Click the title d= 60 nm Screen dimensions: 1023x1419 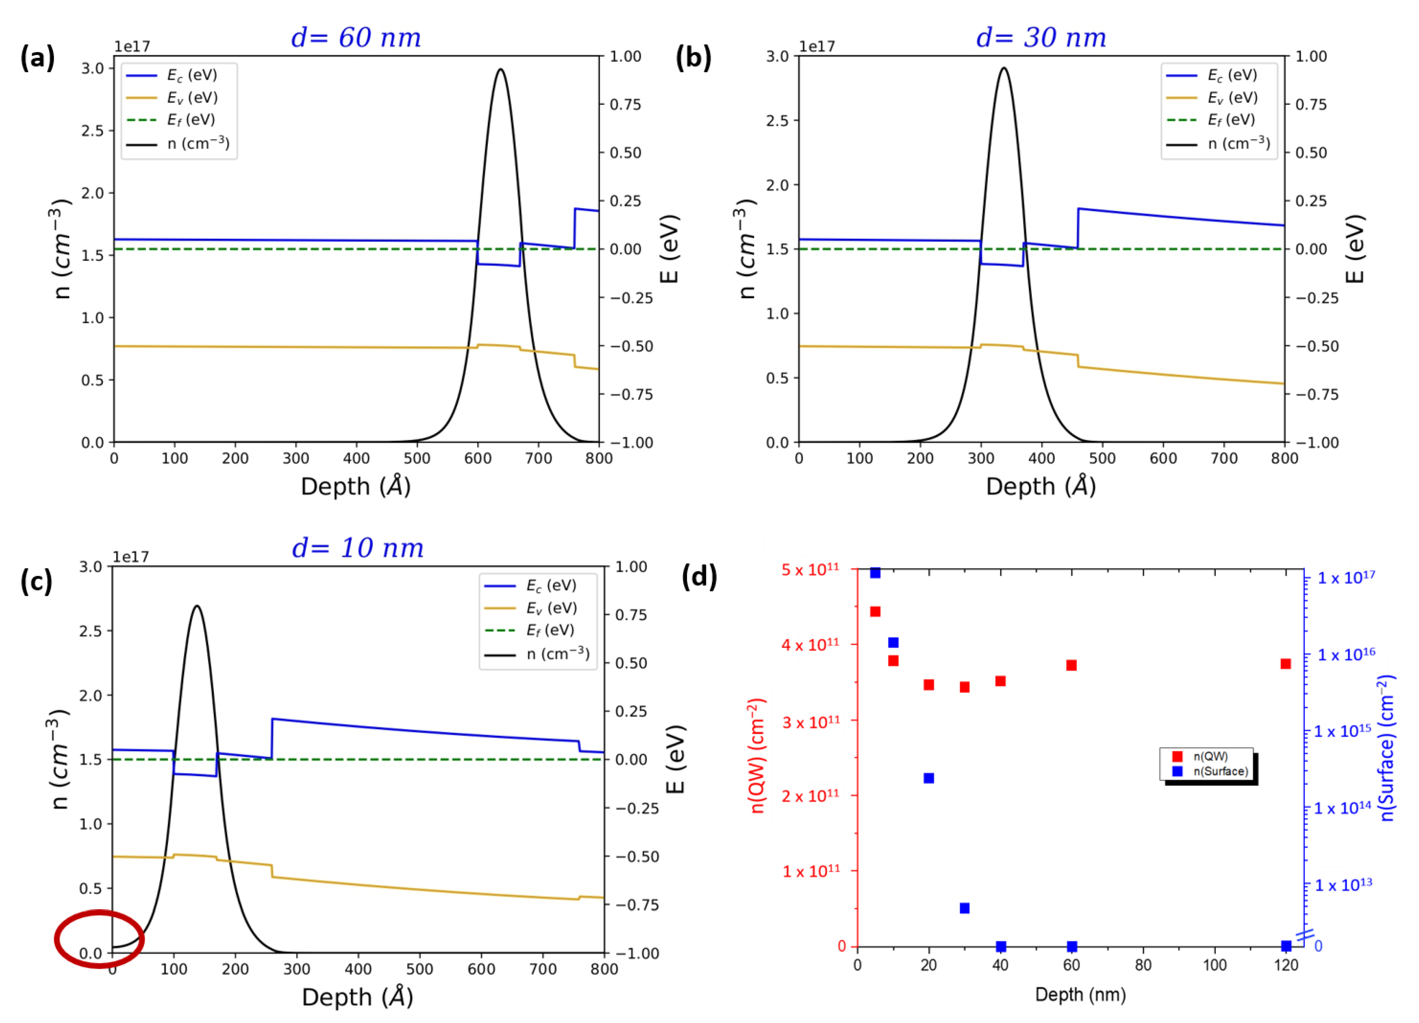coord(356,38)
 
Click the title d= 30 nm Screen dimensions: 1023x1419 coord(1041,38)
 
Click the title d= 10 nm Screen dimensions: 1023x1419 coord(358,548)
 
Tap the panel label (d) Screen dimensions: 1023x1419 coord(699,576)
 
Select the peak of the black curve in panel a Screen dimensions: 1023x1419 coord(500,69)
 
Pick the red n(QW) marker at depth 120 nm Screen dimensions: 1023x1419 coord(1286,664)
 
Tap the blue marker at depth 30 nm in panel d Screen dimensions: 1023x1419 coord(964,908)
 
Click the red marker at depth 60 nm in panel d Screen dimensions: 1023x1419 coord(1071,665)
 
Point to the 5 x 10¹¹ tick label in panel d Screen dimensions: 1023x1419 coord(810,569)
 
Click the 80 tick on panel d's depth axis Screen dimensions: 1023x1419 coord(1143,965)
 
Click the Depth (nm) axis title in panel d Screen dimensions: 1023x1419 coord(1080,994)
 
